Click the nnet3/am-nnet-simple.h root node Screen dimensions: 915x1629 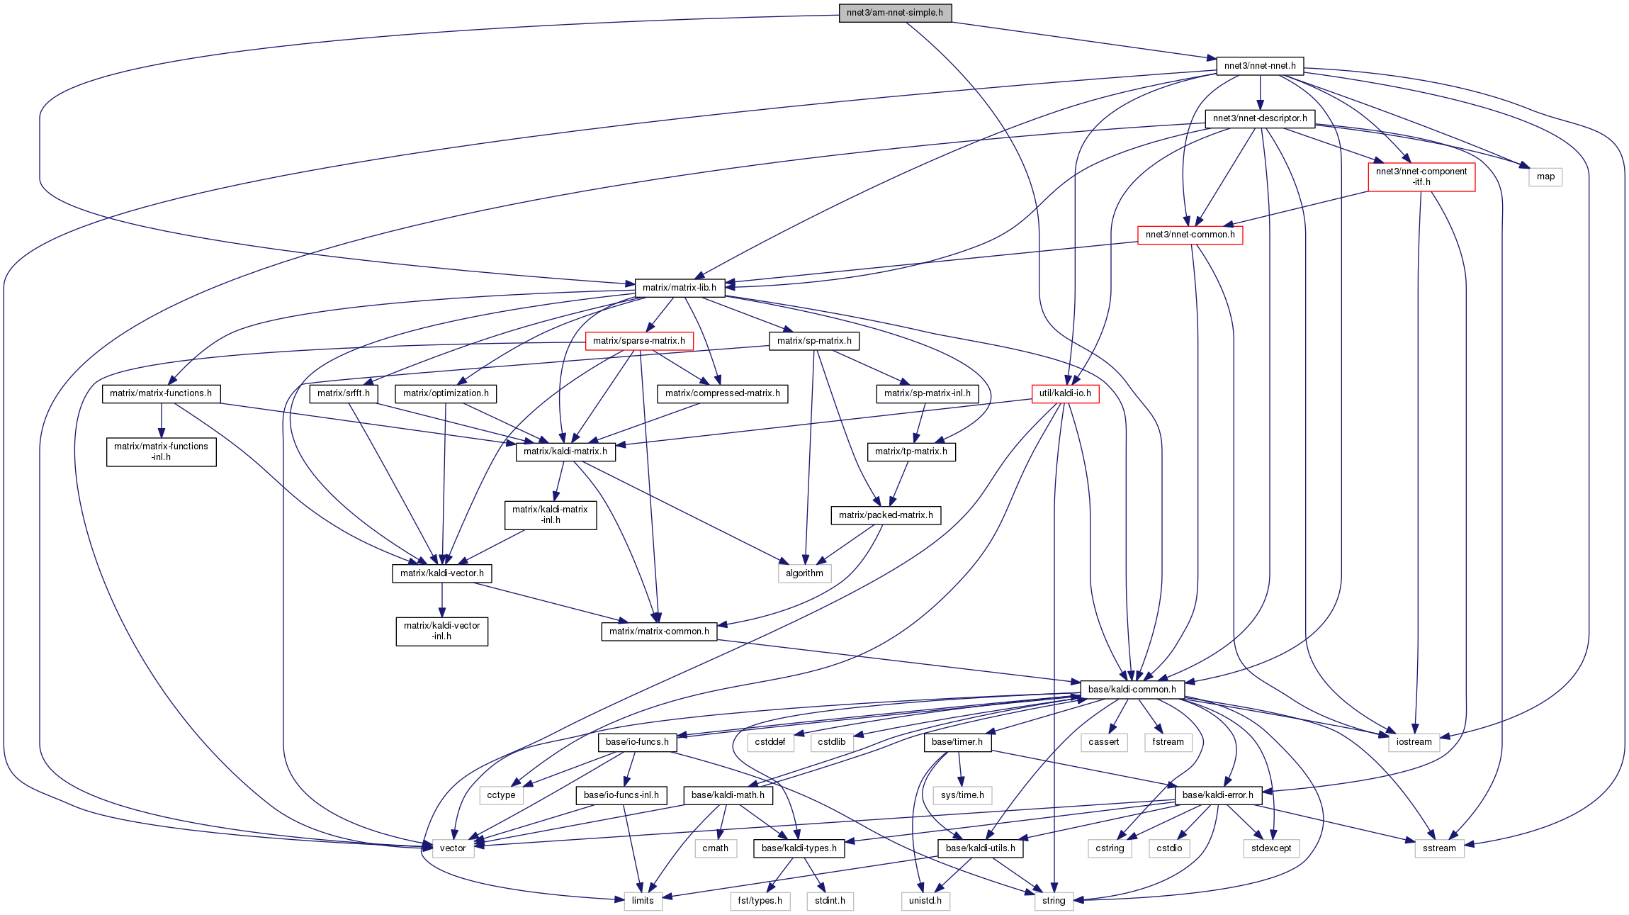pyautogui.click(x=895, y=13)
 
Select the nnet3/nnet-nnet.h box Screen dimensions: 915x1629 pyautogui.click(x=1260, y=66)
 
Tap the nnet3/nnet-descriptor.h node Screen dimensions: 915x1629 pyautogui.click(x=1260, y=118)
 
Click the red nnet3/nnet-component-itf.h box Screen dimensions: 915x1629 pyautogui.click(x=1421, y=176)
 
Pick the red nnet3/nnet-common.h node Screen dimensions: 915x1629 pyautogui.click(x=1190, y=235)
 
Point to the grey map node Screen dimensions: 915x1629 pyautogui.click(x=1545, y=176)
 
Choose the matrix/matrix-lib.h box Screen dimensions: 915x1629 pyautogui.click(x=679, y=288)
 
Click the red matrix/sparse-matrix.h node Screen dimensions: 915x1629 pyautogui.click(x=638, y=341)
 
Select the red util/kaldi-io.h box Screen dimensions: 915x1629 pyautogui.click(x=1065, y=393)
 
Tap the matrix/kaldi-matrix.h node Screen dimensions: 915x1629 pyautogui.click(x=565, y=451)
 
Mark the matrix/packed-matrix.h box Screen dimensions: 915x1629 pyautogui.click(x=886, y=515)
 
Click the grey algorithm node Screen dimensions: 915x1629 pyautogui.click(x=804, y=573)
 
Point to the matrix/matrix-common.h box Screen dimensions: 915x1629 pyautogui.click(x=659, y=631)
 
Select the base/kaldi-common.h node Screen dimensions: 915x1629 pyautogui.click(x=1132, y=690)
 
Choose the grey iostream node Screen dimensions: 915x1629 pyautogui.click(x=1414, y=742)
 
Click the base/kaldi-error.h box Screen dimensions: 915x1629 pyautogui.click(x=1217, y=795)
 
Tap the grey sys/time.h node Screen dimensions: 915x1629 pyautogui.click(x=962, y=795)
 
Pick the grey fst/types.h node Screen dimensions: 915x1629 pyautogui.click(x=760, y=901)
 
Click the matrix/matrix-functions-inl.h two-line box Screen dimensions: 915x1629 pyautogui.click(x=161, y=451)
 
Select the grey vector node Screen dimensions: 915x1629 pyautogui.click(x=453, y=848)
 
